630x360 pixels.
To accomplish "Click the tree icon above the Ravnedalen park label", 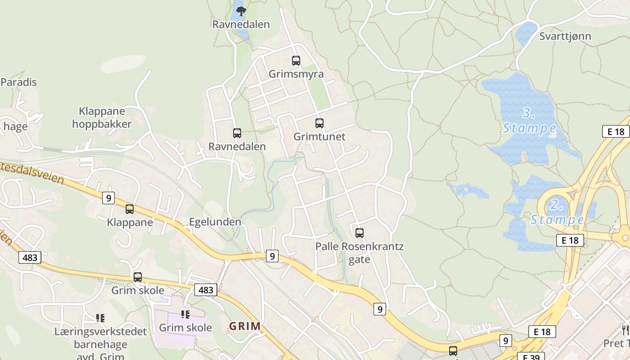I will (241, 11).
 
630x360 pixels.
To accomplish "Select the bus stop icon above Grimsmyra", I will (296, 60).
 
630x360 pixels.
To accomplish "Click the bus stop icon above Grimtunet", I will (319, 123).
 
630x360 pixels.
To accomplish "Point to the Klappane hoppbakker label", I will (102, 117).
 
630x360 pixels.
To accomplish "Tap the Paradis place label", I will (18, 82).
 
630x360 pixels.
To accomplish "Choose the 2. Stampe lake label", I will (557, 212).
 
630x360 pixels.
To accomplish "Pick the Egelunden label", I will (215, 222).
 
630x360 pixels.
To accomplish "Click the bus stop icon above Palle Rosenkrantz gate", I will (359, 233).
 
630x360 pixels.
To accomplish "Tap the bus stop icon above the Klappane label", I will (130, 209).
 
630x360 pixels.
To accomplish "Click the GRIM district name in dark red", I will (245, 326).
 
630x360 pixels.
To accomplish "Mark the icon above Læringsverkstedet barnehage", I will (100, 318).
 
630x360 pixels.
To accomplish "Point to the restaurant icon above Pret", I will (625, 330).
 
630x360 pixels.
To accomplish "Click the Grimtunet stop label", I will (319, 136).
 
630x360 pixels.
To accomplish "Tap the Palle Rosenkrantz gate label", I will (359, 253).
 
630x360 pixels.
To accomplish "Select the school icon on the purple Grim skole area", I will (185, 314).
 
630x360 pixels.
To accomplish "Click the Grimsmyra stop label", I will (296, 74).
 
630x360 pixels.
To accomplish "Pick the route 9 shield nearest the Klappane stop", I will (108, 198).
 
